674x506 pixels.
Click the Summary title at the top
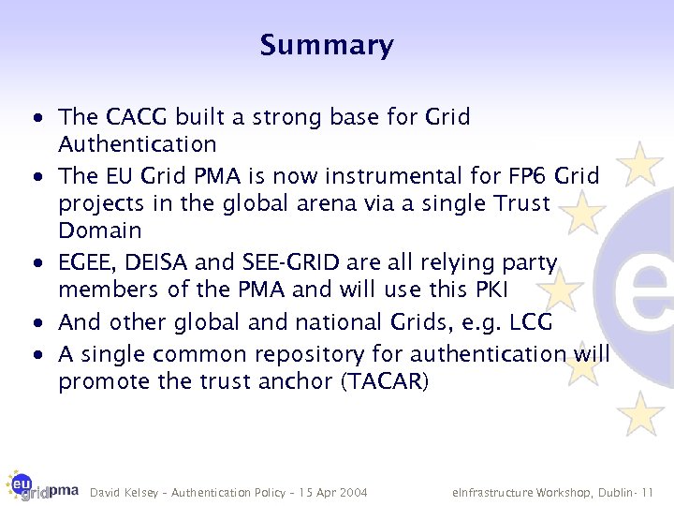click(x=327, y=45)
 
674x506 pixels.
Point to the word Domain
click(x=100, y=231)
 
